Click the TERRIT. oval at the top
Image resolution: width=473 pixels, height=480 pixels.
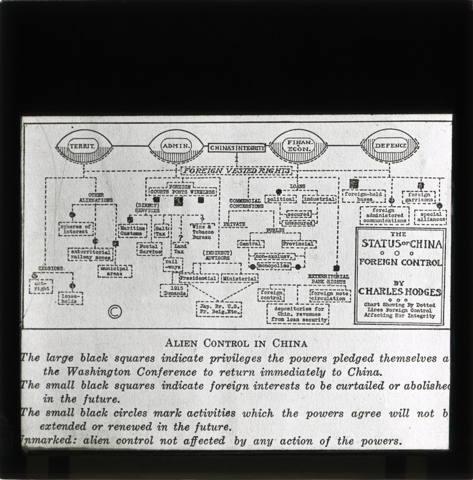pyautogui.click(x=84, y=146)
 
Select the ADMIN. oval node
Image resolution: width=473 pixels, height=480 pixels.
pyautogui.click(x=176, y=146)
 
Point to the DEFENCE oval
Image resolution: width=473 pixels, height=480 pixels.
pyautogui.click(x=390, y=146)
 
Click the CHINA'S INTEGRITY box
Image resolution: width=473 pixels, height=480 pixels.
pyautogui.click(x=236, y=148)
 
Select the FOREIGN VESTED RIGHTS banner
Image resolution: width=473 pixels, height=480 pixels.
pyautogui.click(x=236, y=171)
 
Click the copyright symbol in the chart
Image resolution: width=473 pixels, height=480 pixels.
pyautogui.click(x=115, y=312)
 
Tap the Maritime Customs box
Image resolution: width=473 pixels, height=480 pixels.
pyautogui.click(x=133, y=230)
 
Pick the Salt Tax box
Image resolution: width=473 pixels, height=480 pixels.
pyautogui.click(x=161, y=230)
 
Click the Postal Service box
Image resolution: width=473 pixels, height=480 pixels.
pyautogui.click(x=149, y=249)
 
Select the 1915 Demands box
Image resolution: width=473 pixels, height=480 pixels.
pyautogui.click(x=174, y=290)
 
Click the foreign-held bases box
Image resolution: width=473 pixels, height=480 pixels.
pyautogui.click(x=365, y=197)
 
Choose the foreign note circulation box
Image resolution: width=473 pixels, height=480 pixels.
pyautogui.click(x=330, y=295)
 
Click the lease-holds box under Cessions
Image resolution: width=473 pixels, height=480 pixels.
pyautogui.click(x=70, y=298)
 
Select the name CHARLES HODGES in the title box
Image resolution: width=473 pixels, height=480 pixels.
pyautogui.click(x=400, y=292)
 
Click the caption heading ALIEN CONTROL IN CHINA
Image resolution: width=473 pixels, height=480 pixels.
pyautogui.click(x=236, y=343)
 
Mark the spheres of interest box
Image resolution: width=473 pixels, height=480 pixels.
pyautogui.click(x=76, y=228)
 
